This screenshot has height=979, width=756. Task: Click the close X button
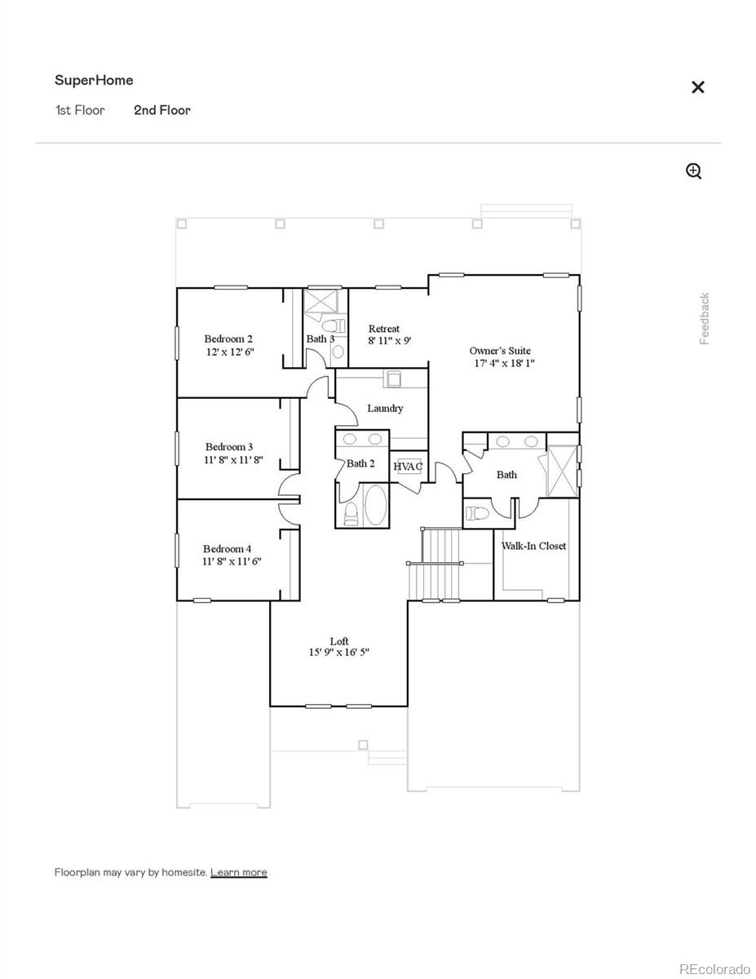pos(697,87)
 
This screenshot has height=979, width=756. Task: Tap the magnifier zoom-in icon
pos(693,171)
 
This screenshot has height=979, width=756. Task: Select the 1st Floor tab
pos(80,110)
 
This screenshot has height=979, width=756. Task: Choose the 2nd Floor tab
pos(162,110)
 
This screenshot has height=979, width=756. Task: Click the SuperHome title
pos(94,80)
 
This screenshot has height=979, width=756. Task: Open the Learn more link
pos(238,872)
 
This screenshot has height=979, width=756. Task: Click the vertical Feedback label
pos(705,318)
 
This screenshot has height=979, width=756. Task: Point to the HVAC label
pos(408,466)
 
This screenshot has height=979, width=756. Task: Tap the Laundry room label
pos(385,408)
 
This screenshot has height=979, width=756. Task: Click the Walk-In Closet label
pos(533,546)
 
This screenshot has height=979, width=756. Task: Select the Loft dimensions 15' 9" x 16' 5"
pos(339,653)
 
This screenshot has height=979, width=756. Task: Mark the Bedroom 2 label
pos(228,339)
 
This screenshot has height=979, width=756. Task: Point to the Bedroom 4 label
pos(228,549)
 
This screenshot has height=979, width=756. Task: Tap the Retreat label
pos(384,329)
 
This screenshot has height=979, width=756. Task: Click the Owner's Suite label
pos(500,351)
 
